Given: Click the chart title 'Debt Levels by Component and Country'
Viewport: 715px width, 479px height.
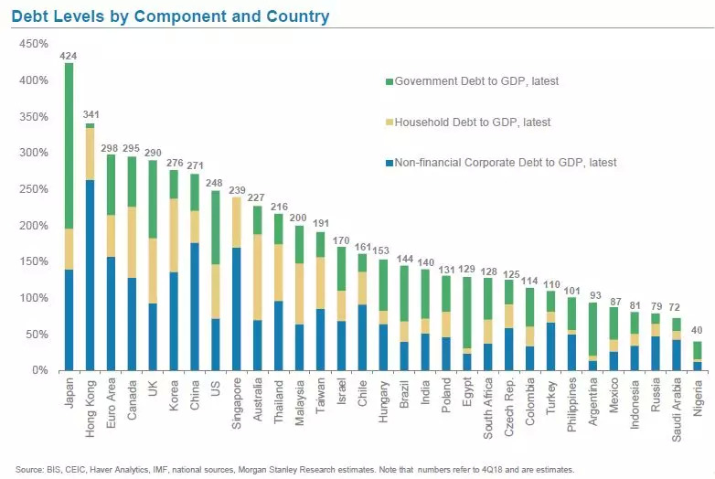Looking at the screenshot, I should point(172,16).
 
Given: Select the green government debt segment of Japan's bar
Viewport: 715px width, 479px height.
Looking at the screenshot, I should point(69,146).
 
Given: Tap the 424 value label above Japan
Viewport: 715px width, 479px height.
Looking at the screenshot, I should point(69,56).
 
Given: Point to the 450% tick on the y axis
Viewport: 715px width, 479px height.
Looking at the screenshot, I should point(34,44).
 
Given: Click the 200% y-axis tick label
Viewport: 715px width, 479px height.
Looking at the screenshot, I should point(34,226).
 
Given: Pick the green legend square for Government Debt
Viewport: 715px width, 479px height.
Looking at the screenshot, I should point(388,81).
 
